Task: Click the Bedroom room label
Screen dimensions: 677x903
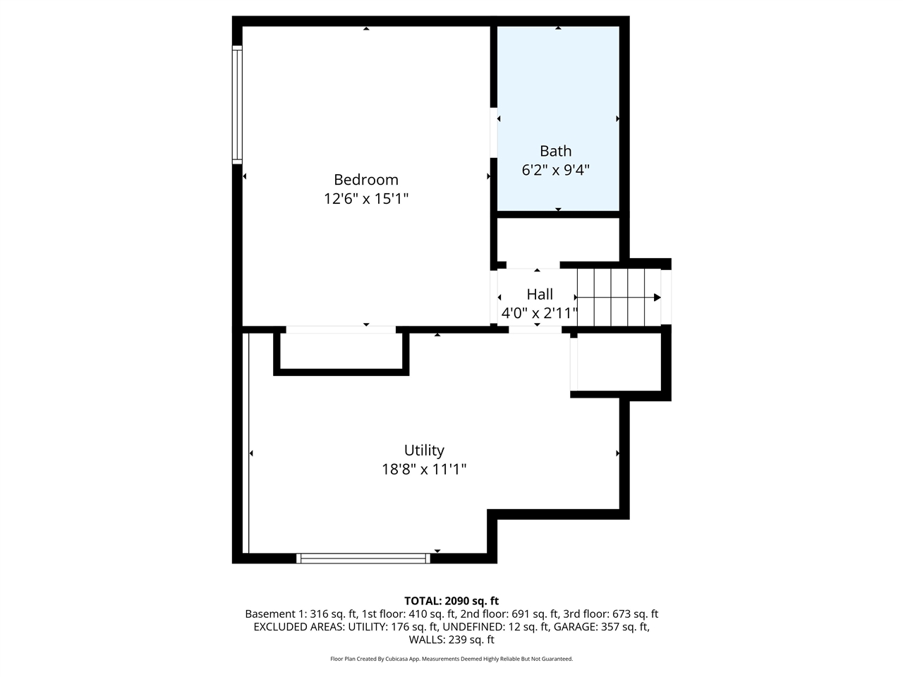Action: tap(365, 180)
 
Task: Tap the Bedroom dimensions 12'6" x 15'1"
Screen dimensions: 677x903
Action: tap(365, 199)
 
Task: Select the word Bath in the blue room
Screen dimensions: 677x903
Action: tap(555, 151)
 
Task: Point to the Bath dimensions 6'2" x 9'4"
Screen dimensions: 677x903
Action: tap(555, 170)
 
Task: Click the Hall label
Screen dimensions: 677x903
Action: tap(540, 294)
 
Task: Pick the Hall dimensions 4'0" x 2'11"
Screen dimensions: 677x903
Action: tap(540, 313)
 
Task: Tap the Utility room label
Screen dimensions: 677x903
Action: tap(424, 450)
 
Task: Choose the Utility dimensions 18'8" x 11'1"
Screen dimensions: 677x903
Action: tap(424, 469)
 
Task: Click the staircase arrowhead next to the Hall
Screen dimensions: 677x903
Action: tap(657, 298)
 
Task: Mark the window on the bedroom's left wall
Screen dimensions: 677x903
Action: tap(238, 104)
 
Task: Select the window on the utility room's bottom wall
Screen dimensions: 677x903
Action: tap(363, 558)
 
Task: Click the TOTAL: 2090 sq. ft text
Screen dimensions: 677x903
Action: tap(451, 601)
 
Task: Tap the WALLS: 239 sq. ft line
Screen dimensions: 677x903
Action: tap(451, 640)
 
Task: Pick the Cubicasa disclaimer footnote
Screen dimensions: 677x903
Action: tap(451, 659)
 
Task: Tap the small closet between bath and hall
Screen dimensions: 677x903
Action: tap(558, 240)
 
